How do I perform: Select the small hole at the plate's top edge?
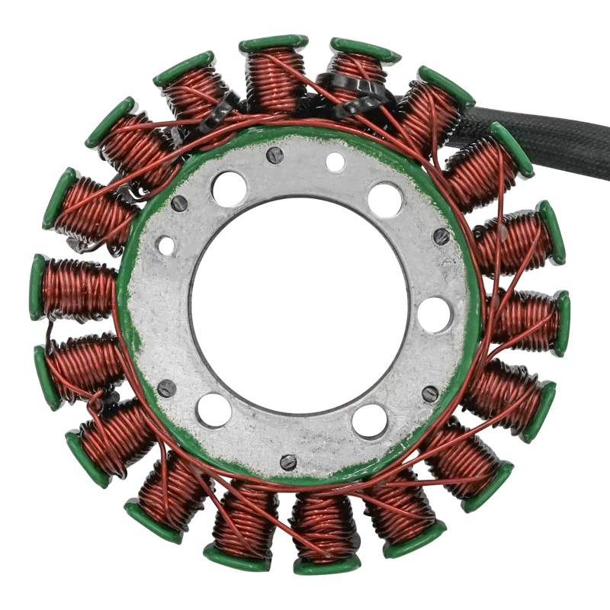(x=335, y=162)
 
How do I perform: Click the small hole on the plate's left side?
(x=165, y=246)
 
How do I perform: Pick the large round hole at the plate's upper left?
(x=230, y=188)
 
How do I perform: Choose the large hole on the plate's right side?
(x=435, y=314)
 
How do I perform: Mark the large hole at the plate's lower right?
(x=370, y=420)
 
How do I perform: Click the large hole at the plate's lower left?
(x=214, y=410)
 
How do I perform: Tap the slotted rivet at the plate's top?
(x=275, y=155)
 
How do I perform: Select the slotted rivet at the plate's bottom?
(x=288, y=462)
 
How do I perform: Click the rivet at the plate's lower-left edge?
(x=166, y=388)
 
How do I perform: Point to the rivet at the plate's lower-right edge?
(x=430, y=393)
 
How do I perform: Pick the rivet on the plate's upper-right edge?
(x=441, y=236)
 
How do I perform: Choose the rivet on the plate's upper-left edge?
(x=179, y=204)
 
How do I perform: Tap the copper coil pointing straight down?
(x=324, y=526)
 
